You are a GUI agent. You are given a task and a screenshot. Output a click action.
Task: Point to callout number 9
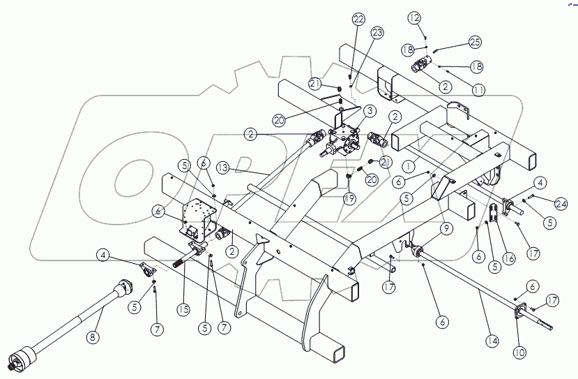click(x=446, y=228)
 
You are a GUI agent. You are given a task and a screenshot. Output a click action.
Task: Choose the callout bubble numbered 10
click(x=519, y=353)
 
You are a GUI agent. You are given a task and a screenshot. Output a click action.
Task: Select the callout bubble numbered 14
click(x=492, y=341)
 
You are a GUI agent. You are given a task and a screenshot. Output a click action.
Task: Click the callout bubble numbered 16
click(x=509, y=258)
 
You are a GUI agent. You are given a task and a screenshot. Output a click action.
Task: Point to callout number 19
click(x=349, y=198)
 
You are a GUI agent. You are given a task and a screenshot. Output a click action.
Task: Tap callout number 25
click(x=475, y=43)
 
